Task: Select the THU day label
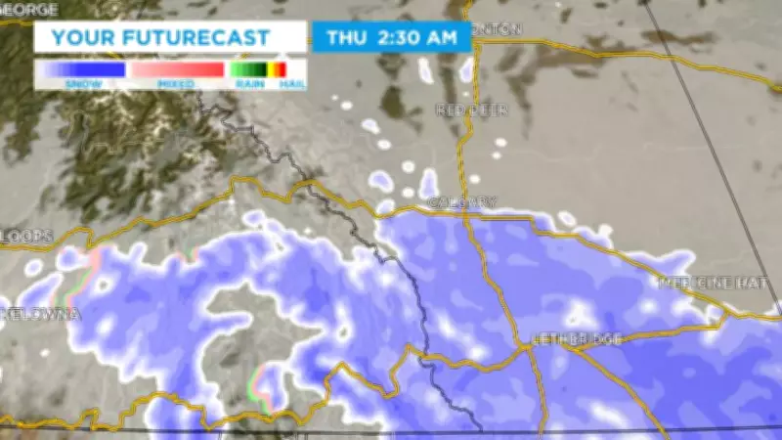[347, 38]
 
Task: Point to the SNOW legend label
[79, 84]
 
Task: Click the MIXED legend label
[176, 84]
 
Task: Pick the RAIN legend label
[247, 84]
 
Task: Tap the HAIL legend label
[289, 84]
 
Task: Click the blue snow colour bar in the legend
[79, 69]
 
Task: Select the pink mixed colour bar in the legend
[176, 69]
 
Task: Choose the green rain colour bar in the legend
[248, 69]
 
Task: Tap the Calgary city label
[462, 202]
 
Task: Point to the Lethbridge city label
[577, 338]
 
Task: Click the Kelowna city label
[39, 314]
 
